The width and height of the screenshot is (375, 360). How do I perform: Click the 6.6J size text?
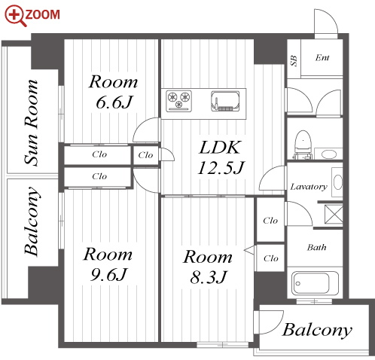(x=114, y=102)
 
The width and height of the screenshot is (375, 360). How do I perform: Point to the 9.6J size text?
(x=107, y=274)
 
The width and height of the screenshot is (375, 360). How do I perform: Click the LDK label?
(x=218, y=146)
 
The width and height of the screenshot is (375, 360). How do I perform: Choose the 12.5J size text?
(x=218, y=166)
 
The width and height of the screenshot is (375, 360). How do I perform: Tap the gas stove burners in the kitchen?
(x=179, y=98)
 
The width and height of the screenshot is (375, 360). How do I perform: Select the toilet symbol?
(x=303, y=144)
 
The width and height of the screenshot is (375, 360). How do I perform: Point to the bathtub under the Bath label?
(x=316, y=284)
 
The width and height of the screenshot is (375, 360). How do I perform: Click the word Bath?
(x=316, y=246)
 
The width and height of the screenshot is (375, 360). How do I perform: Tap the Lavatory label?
(x=308, y=186)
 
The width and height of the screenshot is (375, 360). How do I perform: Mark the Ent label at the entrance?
(x=322, y=57)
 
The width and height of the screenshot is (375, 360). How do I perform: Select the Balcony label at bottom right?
(x=317, y=330)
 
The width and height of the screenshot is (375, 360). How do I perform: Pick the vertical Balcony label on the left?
(x=32, y=221)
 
